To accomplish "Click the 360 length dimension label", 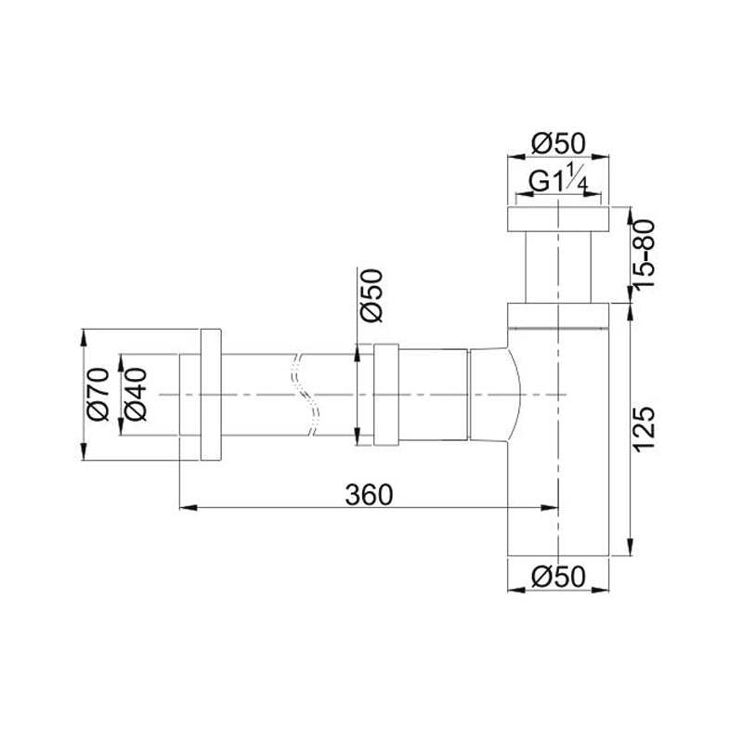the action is point(369,495).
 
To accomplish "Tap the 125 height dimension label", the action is point(645,429).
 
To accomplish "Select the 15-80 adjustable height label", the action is point(645,254).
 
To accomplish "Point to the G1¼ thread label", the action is point(559,178).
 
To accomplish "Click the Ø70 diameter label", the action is point(98,394).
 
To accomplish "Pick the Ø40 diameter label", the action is point(136,394).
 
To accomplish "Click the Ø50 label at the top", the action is point(558,143).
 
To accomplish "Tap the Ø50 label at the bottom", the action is point(558,577).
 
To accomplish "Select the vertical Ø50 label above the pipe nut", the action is point(371,295).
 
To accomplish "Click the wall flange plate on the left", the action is point(211,394).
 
